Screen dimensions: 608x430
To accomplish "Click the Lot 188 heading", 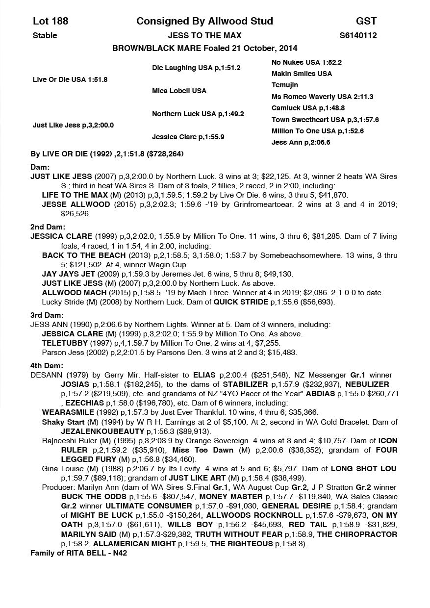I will [x=51, y=21].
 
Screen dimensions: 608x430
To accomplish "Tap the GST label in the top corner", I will [x=366, y=21].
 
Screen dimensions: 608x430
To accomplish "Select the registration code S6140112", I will [x=358, y=35].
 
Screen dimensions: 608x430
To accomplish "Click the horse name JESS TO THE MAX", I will [x=204, y=35].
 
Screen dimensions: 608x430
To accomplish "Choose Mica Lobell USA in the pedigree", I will [x=179, y=91].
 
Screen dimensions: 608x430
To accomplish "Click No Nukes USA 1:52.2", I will [x=306, y=62].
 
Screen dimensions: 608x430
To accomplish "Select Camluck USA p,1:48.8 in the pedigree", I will [x=308, y=108].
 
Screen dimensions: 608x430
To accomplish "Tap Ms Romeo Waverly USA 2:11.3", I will [x=322, y=97].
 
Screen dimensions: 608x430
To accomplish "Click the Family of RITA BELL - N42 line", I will [x=79, y=553].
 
